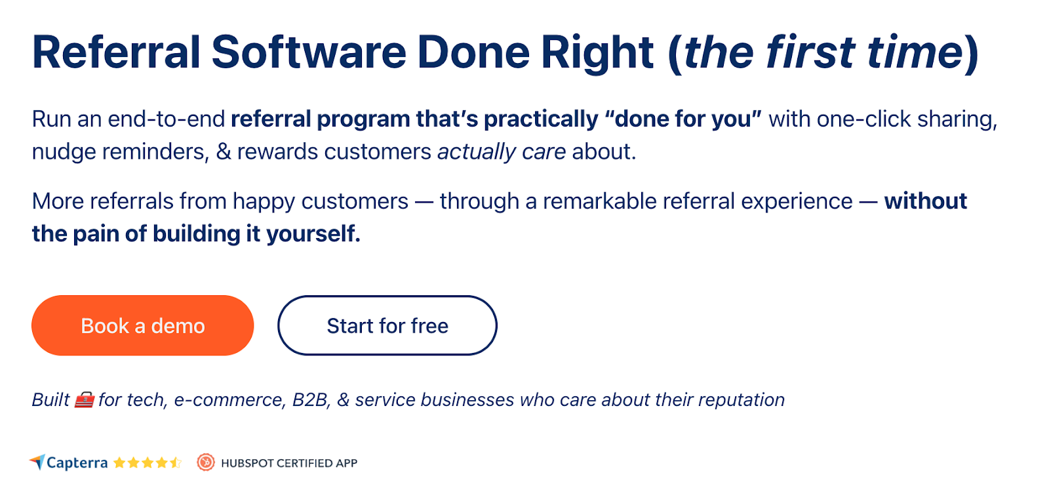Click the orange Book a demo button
click(x=142, y=325)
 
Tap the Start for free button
click(x=387, y=325)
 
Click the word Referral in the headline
click(x=116, y=52)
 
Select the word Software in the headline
click(x=308, y=52)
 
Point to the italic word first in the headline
click(x=810, y=52)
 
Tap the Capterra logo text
click(x=77, y=463)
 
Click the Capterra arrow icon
click(x=37, y=462)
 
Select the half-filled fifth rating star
click(x=175, y=463)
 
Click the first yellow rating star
click(x=119, y=463)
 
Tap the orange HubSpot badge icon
click(x=206, y=462)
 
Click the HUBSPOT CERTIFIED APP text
click(x=289, y=463)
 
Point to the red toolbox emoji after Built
click(x=84, y=399)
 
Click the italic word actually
click(x=477, y=152)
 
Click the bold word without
click(x=925, y=201)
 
